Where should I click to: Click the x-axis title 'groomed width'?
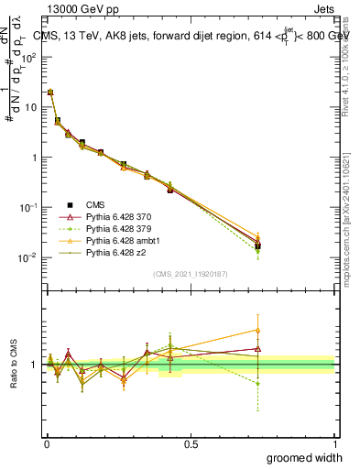pyautogui.click(x=304, y=457)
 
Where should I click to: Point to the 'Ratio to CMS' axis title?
pyautogui.click(x=15, y=365)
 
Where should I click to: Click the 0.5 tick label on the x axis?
pyautogui.click(x=190, y=444)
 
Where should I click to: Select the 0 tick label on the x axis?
pyautogui.click(x=46, y=444)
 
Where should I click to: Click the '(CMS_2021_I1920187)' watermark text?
pyautogui.click(x=191, y=274)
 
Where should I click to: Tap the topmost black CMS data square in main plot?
pyautogui.click(x=50, y=93)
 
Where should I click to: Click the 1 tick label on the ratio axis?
pyautogui.click(x=35, y=365)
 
